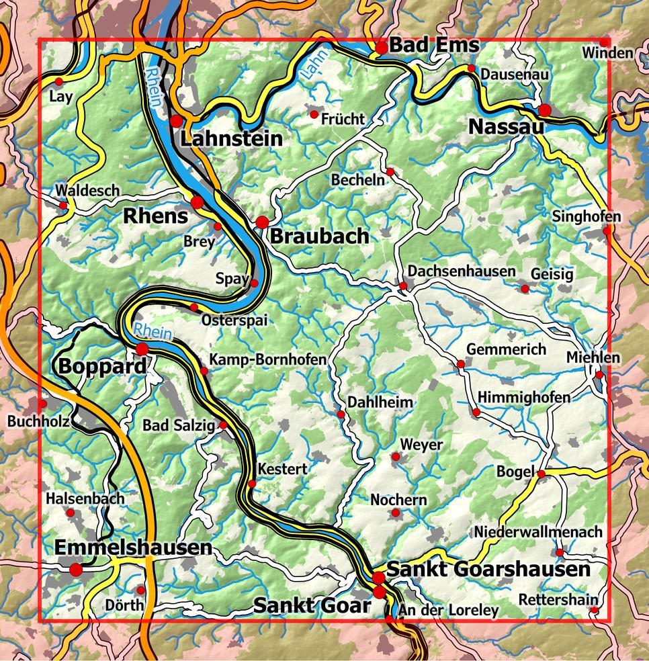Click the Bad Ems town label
[x=434, y=45]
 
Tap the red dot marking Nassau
[x=545, y=109]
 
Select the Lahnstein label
[x=231, y=139]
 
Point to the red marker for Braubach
[x=262, y=222]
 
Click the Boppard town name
[x=102, y=367]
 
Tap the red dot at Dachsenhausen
[x=403, y=286]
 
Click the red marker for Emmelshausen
[x=76, y=570]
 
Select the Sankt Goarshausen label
[x=490, y=570]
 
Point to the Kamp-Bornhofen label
[x=268, y=359]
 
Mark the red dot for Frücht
[x=313, y=115]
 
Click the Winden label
[x=607, y=53]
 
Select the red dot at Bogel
[x=542, y=474]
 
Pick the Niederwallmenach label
[x=538, y=531]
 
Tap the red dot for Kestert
[x=252, y=484]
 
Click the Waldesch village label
[x=87, y=191]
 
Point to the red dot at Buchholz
[x=42, y=404]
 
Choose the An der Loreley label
[x=448, y=610]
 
